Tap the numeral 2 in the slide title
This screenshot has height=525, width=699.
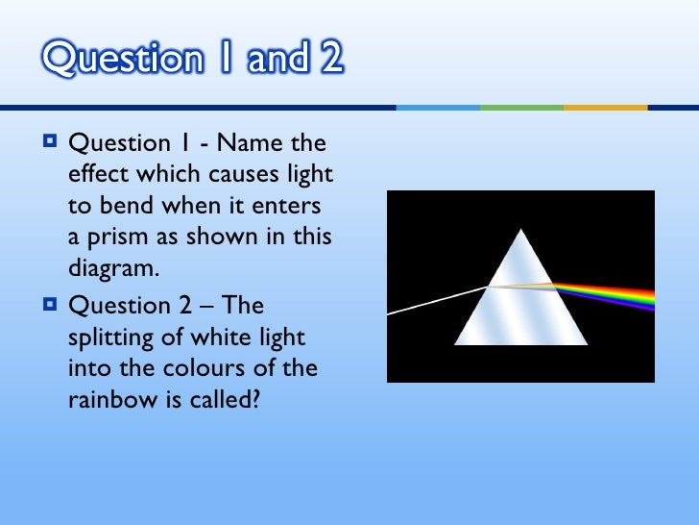coord(329,60)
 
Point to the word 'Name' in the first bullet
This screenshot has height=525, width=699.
coord(244,144)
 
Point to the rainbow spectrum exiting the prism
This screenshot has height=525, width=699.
coord(615,292)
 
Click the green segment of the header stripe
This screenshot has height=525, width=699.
coord(521,107)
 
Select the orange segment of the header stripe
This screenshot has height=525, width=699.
coord(605,107)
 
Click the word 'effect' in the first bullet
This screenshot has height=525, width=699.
coord(96,175)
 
